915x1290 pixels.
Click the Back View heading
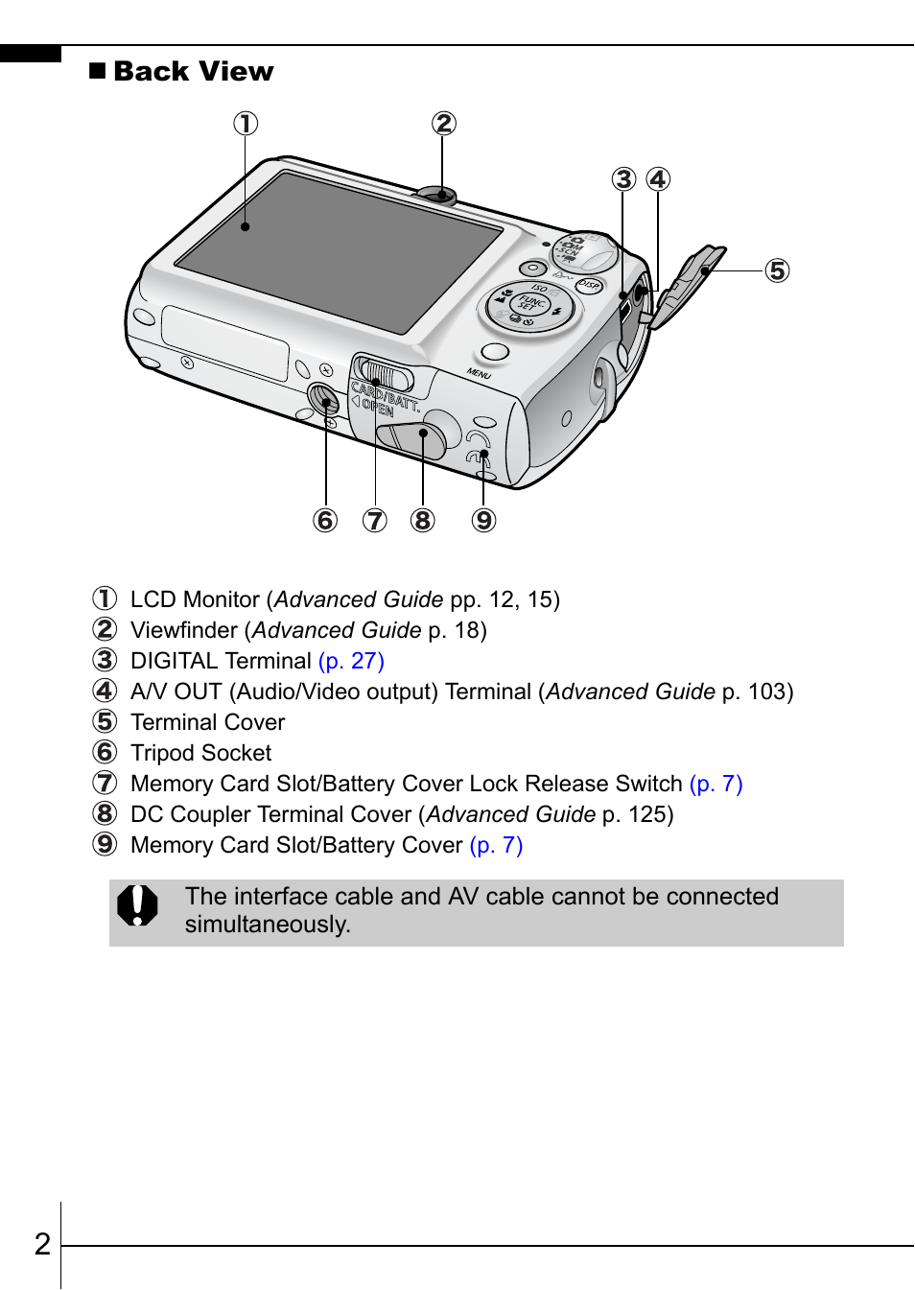193,72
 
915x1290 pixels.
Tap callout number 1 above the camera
246,124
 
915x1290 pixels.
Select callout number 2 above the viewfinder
443,124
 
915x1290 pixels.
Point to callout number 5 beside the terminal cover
777,271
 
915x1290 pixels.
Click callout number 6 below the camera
325,521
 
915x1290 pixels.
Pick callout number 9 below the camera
483,521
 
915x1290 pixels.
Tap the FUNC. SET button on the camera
529,304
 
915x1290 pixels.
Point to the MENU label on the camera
479,373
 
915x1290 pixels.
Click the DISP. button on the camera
588,285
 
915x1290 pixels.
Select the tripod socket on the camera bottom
323,398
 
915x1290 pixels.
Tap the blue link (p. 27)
351,661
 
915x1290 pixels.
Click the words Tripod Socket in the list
200,753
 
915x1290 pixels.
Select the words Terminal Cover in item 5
207,722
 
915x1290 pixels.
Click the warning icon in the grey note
137,905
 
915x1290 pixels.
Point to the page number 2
42,1244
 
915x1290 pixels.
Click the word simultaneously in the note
268,925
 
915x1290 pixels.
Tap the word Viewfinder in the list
183,630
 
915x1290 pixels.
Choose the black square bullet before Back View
97,71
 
